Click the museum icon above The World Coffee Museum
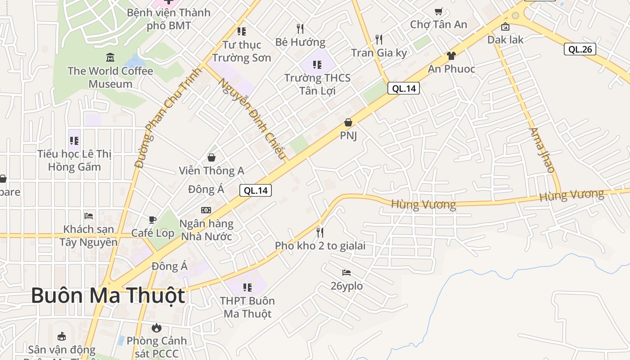pyautogui.click(x=110, y=58)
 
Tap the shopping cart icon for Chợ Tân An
pyautogui.click(x=438, y=11)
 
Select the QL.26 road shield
pyautogui.click(x=580, y=49)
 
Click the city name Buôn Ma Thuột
pyautogui.click(x=108, y=296)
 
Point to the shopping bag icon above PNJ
pyautogui.click(x=348, y=122)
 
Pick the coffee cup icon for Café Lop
pyautogui.click(x=153, y=220)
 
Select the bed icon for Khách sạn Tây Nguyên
pyautogui.click(x=89, y=216)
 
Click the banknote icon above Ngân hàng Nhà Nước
pyautogui.click(x=206, y=210)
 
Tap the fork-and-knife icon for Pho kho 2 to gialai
pyautogui.click(x=320, y=232)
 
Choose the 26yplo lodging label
pyautogui.click(x=346, y=286)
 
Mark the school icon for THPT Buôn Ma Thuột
pyautogui.click(x=247, y=287)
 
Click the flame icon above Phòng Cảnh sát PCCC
pyautogui.click(x=156, y=327)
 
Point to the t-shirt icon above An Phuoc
pyautogui.click(x=451, y=56)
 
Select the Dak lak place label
pyautogui.click(x=505, y=40)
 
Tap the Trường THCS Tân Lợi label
pyautogui.click(x=317, y=84)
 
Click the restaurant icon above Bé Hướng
pyautogui.click(x=300, y=29)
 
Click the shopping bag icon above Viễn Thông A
pyautogui.click(x=211, y=157)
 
